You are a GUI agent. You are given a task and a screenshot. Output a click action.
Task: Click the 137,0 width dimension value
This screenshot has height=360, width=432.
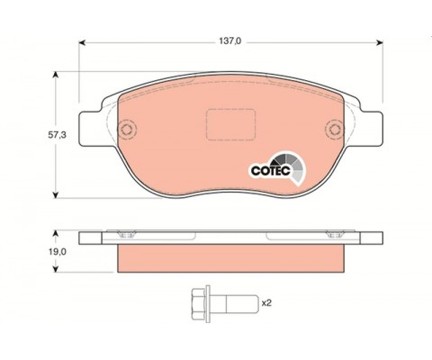(229, 41)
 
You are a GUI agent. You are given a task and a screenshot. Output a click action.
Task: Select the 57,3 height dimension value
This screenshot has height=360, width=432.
(57, 135)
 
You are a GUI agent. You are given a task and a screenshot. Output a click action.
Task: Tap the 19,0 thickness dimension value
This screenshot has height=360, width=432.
(58, 252)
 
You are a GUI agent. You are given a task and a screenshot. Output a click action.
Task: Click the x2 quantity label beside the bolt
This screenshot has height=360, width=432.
(266, 303)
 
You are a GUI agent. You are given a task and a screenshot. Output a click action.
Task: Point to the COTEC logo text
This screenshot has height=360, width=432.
(271, 171)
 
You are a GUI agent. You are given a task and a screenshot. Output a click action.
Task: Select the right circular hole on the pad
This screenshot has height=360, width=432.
(335, 130)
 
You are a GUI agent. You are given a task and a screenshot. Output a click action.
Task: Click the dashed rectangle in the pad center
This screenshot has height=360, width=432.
(230, 124)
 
